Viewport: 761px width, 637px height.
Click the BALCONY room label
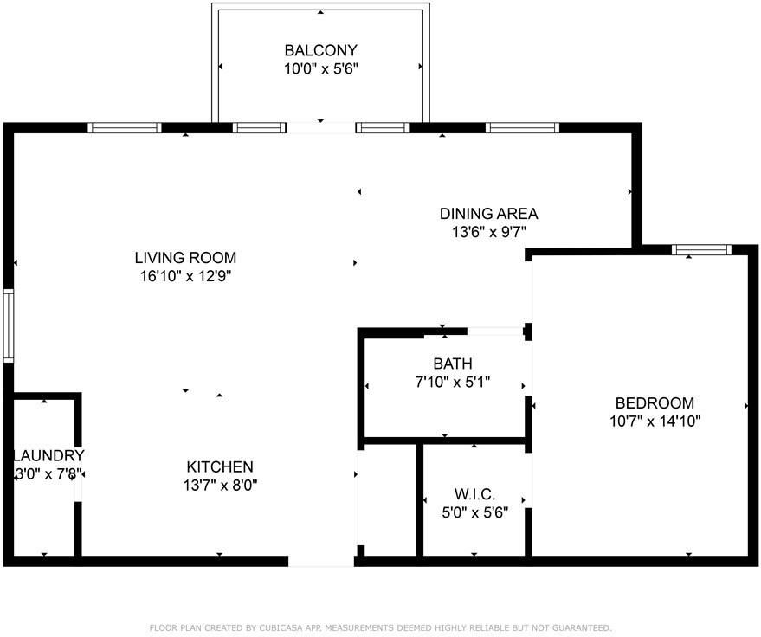pyautogui.click(x=321, y=50)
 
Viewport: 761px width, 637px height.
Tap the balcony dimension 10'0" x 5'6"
pyautogui.click(x=321, y=69)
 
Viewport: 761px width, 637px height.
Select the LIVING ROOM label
pyautogui.click(x=185, y=258)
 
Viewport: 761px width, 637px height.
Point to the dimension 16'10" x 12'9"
pyautogui.click(x=185, y=276)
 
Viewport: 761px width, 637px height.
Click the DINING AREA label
pyautogui.click(x=489, y=214)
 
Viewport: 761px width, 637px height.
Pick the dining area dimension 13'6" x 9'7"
pyautogui.click(x=489, y=232)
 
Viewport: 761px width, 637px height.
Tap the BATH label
pyautogui.click(x=452, y=364)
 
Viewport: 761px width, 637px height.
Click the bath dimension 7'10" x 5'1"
pyautogui.click(x=452, y=383)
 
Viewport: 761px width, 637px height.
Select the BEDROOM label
pyautogui.click(x=655, y=402)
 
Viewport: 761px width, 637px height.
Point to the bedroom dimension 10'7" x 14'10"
pyautogui.click(x=655, y=421)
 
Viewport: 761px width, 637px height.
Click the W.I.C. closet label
pyautogui.click(x=474, y=494)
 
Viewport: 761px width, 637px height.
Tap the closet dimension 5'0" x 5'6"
pyautogui.click(x=474, y=512)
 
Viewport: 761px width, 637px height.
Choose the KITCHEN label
pyautogui.click(x=220, y=466)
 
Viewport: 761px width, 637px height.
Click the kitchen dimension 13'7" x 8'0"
pyautogui.click(x=220, y=486)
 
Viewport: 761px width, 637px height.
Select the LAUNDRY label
pyautogui.click(x=48, y=455)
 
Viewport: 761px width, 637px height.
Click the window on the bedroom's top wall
pyautogui.click(x=702, y=250)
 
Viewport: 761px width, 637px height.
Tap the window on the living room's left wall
pyautogui.click(x=9, y=325)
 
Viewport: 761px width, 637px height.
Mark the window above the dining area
pyautogui.click(x=522, y=127)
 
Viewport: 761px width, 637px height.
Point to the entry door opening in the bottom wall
pyautogui.click(x=321, y=562)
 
